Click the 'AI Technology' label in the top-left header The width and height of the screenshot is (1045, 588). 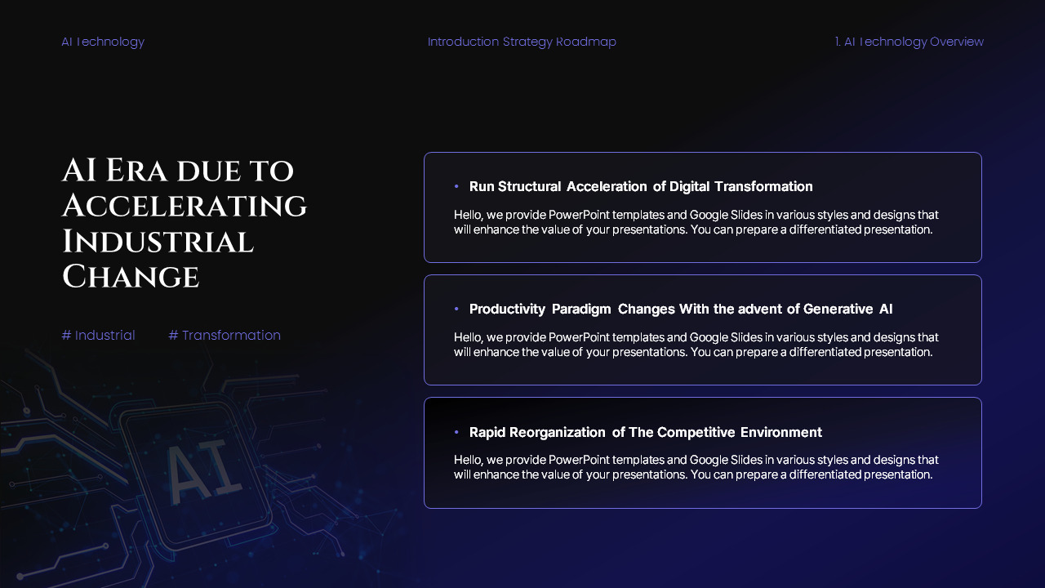(103, 42)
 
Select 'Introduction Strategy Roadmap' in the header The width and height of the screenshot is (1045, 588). (522, 42)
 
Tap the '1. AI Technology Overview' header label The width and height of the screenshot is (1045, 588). (909, 42)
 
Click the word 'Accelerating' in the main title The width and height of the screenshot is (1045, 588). (185, 206)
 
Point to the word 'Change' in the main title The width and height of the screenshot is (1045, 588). (131, 278)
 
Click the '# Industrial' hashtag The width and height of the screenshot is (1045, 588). (99, 335)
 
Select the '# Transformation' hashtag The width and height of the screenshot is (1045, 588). (225, 335)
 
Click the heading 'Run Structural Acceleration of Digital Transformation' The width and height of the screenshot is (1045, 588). (641, 186)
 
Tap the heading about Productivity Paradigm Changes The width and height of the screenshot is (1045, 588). (681, 309)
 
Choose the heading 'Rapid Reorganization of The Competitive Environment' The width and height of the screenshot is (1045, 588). (645, 432)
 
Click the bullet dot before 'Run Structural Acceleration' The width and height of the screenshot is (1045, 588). (456, 187)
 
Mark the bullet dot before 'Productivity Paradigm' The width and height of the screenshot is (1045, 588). (456, 310)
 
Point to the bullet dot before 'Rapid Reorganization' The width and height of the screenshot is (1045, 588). (456, 432)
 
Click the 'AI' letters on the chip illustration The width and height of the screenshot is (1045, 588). (203, 471)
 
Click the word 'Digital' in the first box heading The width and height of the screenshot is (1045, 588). (690, 186)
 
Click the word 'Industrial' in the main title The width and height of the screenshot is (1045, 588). (158, 242)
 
